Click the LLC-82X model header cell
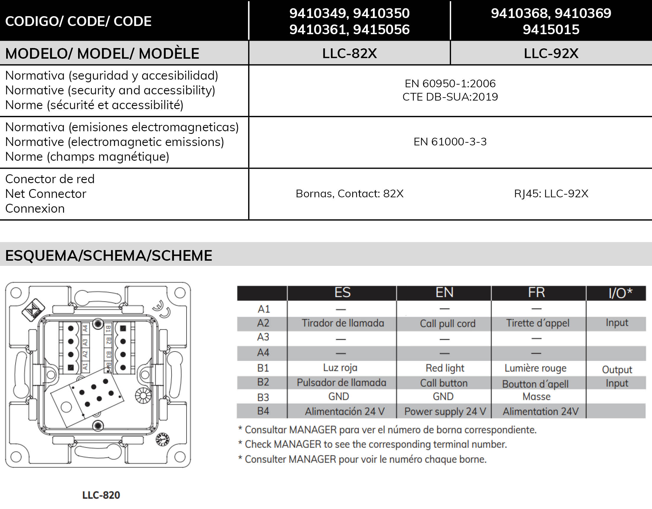pos(349,53)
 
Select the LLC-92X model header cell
pos(551,53)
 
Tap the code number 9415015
pos(551,29)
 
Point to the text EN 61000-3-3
pos(450,142)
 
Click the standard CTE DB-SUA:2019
pos(450,97)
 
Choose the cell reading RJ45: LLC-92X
pos(551,193)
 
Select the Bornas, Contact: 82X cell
pos(349,193)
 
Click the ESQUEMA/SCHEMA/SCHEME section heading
pos(109,256)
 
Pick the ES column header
pos(342,293)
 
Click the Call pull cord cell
pos(447,324)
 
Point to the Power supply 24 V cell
pos(445,411)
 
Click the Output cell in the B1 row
pos(617,370)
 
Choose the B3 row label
pos(263,397)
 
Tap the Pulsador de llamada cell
pos(341,383)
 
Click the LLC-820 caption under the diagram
pos(101,495)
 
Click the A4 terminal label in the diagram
pos(85,329)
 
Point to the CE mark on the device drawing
pos(162,309)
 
